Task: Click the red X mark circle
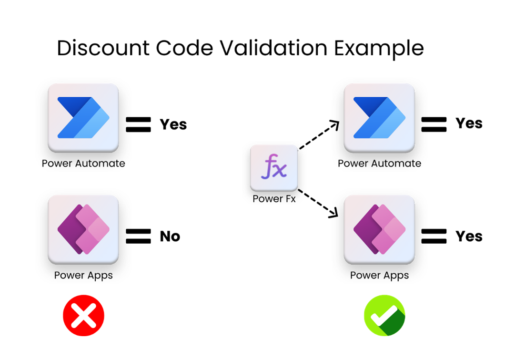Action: pos(83,315)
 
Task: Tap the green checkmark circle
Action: pos(384,315)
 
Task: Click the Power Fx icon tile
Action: pos(274,168)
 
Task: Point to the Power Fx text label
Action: pos(274,199)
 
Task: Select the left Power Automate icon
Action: pos(83,118)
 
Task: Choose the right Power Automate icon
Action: pos(379,118)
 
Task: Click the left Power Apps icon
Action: pos(83,229)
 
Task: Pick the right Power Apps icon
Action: pos(379,229)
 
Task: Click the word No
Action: pos(170,236)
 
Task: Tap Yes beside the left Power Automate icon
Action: pos(173,124)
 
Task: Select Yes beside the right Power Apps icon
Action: pos(469,236)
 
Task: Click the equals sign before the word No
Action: pos(138,236)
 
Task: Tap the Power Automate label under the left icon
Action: pos(83,164)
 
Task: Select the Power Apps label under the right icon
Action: pos(379,275)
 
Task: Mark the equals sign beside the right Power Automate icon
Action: pos(434,124)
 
